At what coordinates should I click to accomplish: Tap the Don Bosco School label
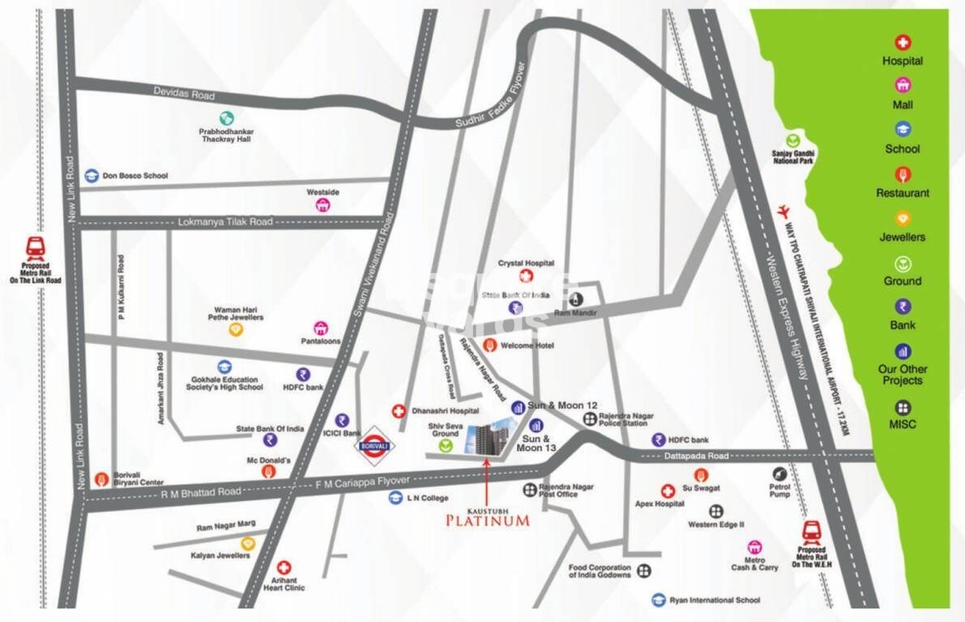point(134,175)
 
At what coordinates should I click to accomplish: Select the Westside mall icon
point(322,206)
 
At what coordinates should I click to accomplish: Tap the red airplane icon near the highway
point(783,211)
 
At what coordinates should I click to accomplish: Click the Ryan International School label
point(715,600)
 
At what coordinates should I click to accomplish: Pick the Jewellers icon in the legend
point(902,218)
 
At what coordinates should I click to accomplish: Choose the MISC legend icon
point(902,407)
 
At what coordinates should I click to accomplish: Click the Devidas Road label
point(184,93)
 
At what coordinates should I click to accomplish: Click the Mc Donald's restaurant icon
point(268,471)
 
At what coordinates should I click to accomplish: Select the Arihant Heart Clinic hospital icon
point(284,568)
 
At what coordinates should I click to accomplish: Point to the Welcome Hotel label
point(527,346)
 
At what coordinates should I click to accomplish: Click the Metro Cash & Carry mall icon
point(754,547)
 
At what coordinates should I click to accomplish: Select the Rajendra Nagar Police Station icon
point(589,419)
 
